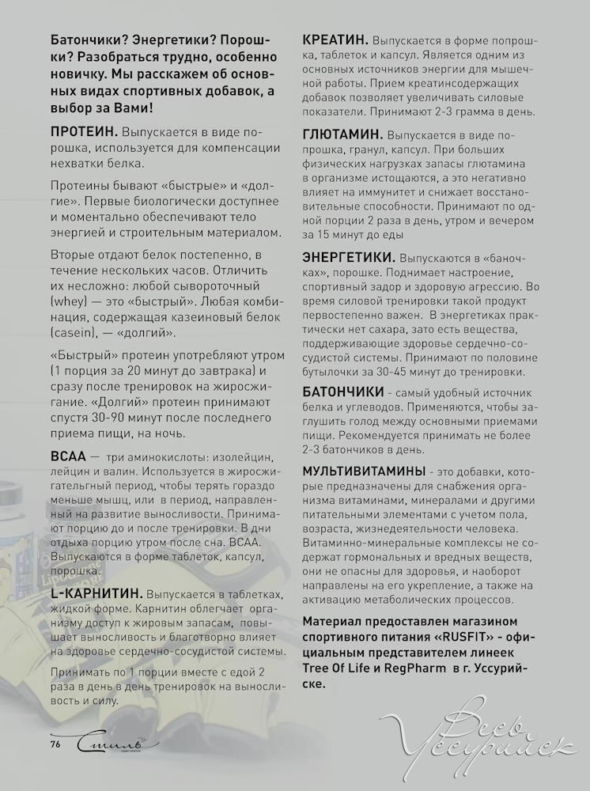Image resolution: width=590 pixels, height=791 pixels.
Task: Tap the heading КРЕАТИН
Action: tap(335, 40)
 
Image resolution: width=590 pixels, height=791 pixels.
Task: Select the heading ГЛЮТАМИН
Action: tap(343, 134)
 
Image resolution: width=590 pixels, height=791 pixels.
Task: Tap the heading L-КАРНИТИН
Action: tap(96, 593)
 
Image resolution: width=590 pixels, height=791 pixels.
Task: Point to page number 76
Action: tap(55, 744)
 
